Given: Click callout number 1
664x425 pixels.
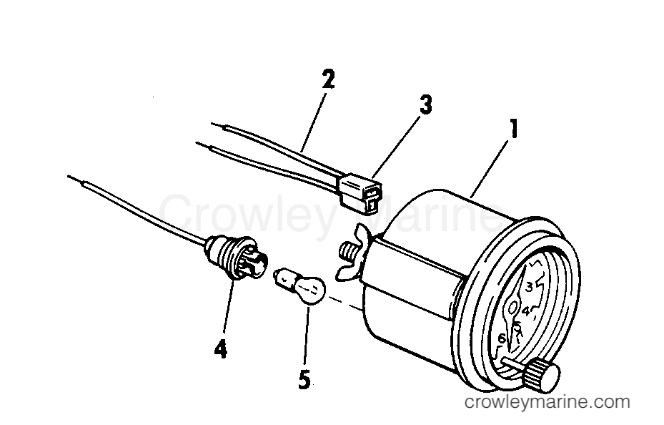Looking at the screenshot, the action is point(513,129).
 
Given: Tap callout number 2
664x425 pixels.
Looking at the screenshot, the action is point(327,79).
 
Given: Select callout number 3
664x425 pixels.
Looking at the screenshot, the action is point(425,104).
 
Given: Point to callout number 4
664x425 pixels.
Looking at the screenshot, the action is point(220,349).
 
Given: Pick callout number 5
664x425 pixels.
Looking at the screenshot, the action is point(304,379).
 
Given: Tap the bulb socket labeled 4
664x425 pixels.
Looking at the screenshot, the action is point(235,256).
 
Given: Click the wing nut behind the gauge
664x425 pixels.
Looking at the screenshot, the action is point(354,253).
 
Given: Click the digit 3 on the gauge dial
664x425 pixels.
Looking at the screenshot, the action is point(529,288).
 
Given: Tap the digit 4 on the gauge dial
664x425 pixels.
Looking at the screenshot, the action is point(526,311).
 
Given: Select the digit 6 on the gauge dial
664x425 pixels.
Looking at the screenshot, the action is point(502,338).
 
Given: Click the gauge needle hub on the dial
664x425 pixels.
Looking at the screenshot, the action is point(512,306).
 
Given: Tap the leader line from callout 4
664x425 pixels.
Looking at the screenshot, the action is point(228,306).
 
